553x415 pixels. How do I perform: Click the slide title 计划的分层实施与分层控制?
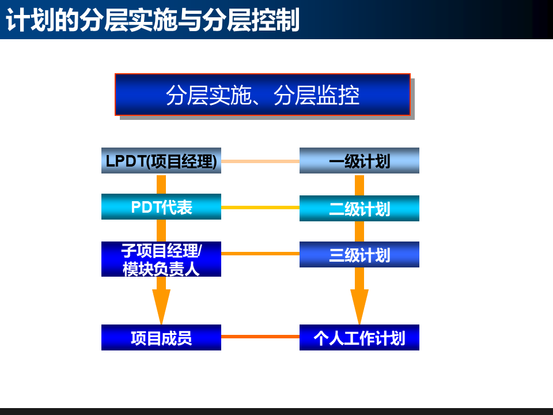(x=153, y=20)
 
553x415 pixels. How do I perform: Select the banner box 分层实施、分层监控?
(x=262, y=95)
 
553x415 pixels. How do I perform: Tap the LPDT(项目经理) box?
(x=161, y=161)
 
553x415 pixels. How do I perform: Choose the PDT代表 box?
(x=161, y=207)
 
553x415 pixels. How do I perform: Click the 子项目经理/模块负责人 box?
(x=161, y=259)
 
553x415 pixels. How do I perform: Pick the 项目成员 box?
(x=161, y=338)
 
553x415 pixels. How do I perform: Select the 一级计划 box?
(x=359, y=161)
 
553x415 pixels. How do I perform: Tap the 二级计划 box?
(x=359, y=208)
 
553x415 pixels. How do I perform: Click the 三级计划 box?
(x=359, y=255)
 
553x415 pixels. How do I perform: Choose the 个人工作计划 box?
(x=359, y=338)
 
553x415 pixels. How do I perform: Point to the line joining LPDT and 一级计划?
(x=260, y=161)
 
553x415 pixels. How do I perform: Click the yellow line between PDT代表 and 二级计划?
(x=260, y=207)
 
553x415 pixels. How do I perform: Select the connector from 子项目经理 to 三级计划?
(x=260, y=254)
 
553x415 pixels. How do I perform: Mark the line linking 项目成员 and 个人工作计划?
(x=260, y=337)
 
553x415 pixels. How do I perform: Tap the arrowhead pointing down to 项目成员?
(x=161, y=305)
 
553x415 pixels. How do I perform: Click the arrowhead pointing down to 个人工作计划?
(x=359, y=305)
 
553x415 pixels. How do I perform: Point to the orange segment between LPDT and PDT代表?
(x=161, y=184)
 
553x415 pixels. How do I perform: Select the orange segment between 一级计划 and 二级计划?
(x=359, y=184)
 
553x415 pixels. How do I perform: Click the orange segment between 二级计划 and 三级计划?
(x=359, y=231)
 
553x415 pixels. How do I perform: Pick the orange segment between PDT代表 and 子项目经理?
(x=161, y=231)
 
